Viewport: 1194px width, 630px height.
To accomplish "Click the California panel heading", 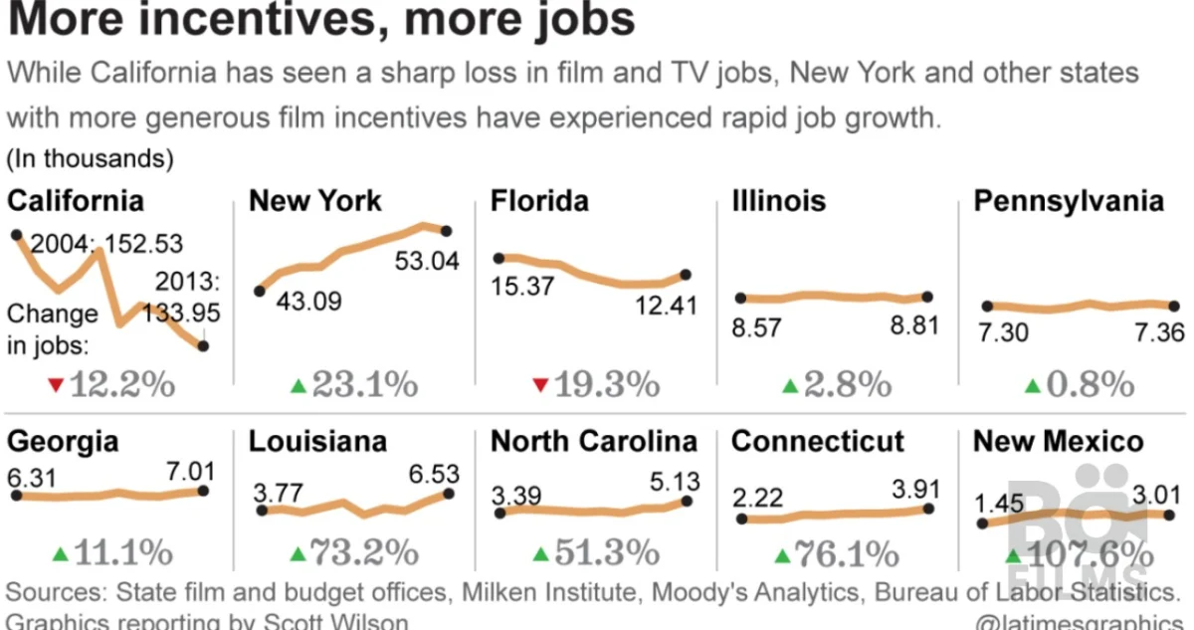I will point(76,200).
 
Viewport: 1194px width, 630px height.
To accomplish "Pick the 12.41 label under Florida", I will point(666,306).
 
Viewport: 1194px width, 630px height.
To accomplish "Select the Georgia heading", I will point(63,441).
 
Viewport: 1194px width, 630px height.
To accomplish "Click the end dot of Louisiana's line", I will point(448,493).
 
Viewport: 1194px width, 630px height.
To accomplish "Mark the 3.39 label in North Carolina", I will point(517,494).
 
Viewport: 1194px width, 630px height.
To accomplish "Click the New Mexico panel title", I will point(1058,441).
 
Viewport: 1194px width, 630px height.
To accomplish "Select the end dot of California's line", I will point(204,346).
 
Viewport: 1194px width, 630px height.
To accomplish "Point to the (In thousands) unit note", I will point(91,158).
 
